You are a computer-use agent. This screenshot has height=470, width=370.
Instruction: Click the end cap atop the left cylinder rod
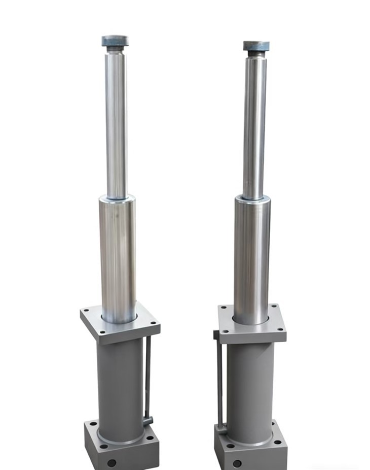coord(115,41)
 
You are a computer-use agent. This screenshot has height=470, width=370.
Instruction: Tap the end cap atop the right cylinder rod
coord(256,46)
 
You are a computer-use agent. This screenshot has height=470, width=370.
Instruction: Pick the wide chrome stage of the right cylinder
coord(252,259)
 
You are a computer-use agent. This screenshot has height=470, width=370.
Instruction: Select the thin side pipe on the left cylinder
coord(147,376)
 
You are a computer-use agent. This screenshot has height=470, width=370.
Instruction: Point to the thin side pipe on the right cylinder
coord(219,381)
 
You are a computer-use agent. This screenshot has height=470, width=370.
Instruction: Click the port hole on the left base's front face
coord(112,462)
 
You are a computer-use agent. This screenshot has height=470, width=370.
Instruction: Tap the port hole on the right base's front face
coord(237,463)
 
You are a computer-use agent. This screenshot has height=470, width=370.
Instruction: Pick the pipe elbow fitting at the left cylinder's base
coord(147,420)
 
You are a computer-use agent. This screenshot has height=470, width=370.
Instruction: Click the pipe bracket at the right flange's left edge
coord(216,334)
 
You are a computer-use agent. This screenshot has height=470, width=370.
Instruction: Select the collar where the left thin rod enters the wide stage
coord(117,197)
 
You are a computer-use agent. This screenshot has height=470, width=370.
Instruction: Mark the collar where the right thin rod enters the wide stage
coord(252,198)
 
